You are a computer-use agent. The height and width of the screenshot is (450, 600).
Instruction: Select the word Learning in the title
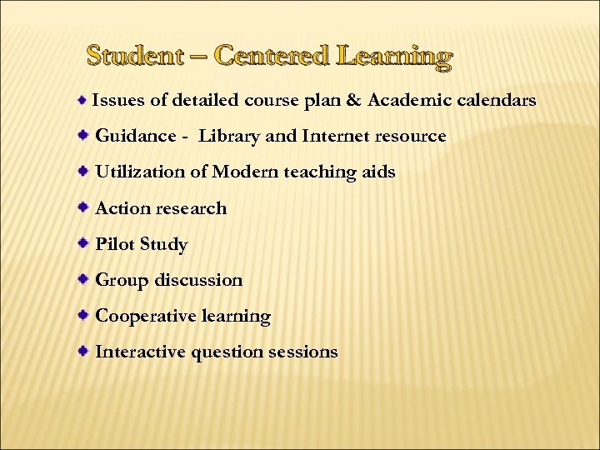click(394, 57)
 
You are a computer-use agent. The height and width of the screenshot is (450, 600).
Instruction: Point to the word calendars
click(494, 101)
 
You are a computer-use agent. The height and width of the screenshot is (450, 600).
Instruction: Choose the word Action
click(122, 208)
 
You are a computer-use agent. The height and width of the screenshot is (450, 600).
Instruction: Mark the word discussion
click(198, 280)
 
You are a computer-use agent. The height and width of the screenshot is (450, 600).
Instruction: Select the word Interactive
click(141, 352)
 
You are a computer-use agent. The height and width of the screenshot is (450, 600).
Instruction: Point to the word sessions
click(303, 352)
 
